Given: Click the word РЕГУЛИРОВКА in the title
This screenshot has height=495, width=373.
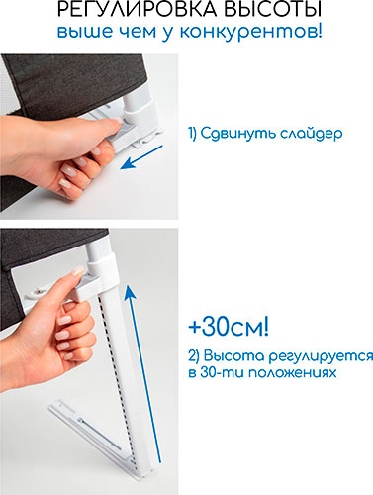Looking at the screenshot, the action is tap(138, 9).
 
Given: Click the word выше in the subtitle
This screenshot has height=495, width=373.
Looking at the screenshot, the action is tap(85, 32).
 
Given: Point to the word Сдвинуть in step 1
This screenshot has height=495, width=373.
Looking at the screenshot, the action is tap(238, 134).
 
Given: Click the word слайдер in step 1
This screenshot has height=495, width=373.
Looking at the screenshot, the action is tap(312, 134).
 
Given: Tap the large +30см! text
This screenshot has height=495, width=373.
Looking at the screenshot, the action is tap(229, 327).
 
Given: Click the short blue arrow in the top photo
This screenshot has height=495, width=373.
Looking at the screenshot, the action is tap(141, 157).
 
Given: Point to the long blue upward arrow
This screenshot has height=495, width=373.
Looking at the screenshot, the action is tap(144, 374).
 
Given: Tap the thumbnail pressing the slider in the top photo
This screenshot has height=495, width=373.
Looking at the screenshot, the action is tap(119, 120).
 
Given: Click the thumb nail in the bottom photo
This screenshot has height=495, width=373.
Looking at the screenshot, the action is tap(78, 271).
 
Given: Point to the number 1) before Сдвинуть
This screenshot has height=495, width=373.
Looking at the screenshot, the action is tap(193, 134).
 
